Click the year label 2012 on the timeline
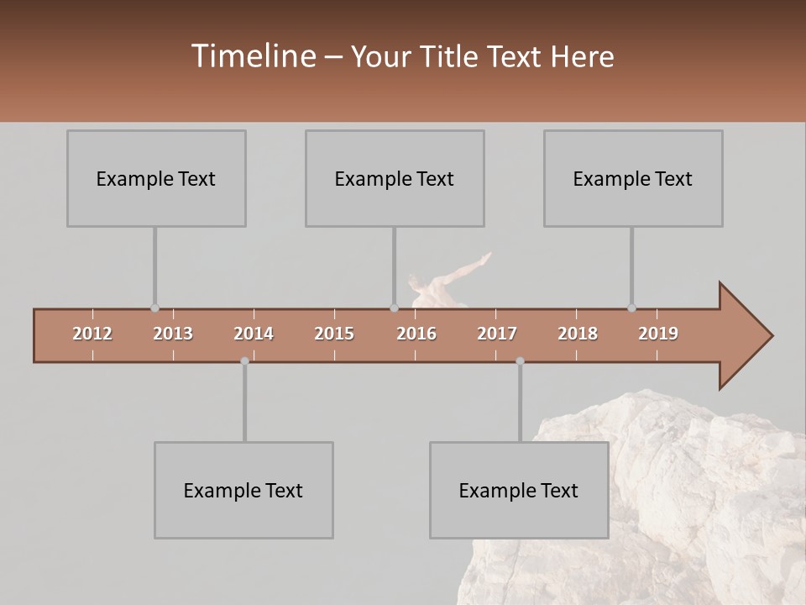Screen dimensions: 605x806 click(x=92, y=334)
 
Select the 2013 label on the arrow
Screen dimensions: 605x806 click(x=173, y=334)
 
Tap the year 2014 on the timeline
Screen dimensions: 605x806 click(x=254, y=334)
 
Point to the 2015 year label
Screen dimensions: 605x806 click(x=334, y=334)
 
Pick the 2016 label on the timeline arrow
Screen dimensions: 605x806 click(x=416, y=334)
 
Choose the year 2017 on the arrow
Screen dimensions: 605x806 click(x=497, y=334)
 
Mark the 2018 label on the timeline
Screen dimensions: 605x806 click(x=578, y=334)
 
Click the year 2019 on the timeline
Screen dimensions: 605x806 click(x=658, y=334)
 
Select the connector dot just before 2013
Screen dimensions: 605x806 click(x=154, y=308)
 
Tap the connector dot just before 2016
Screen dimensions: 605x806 click(x=394, y=308)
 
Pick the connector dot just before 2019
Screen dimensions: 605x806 click(x=631, y=308)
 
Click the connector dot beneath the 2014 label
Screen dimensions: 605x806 click(x=244, y=361)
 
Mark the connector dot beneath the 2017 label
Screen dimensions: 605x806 click(x=520, y=361)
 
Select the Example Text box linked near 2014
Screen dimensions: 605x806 click(x=243, y=490)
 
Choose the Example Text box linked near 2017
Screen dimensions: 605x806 click(x=519, y=490)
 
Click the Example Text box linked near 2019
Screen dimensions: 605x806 click(x=633, y=178)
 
